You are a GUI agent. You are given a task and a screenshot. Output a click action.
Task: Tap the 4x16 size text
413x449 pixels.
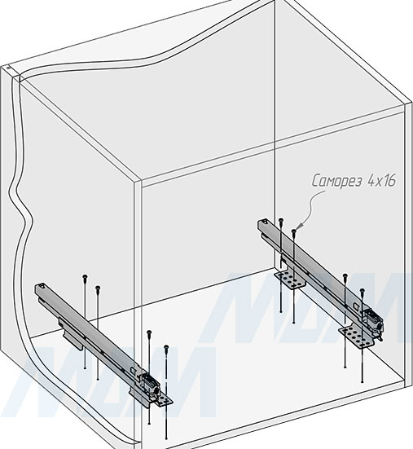381,180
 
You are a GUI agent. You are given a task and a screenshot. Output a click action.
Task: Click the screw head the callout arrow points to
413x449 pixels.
293,231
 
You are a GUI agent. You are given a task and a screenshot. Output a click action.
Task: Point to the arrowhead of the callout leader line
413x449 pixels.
298,227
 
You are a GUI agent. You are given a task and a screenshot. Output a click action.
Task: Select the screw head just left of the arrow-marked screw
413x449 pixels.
281,220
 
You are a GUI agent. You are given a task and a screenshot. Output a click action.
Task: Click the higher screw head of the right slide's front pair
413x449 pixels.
345,275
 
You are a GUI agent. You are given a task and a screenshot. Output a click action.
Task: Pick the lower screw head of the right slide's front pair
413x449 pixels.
362,290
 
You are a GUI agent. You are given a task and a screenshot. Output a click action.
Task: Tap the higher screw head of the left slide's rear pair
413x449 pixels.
85,276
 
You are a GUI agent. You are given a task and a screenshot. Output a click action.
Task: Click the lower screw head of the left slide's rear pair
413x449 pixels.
98,288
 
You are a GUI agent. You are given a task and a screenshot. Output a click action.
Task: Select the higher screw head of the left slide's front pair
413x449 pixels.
149,332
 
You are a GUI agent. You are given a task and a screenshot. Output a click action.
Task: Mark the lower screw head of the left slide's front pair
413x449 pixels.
166,347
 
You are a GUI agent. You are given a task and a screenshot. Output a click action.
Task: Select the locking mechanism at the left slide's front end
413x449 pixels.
149,385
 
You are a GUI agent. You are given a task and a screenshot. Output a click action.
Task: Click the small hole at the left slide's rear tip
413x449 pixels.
42,285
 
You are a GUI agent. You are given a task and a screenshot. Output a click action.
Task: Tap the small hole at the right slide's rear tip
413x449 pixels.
265,222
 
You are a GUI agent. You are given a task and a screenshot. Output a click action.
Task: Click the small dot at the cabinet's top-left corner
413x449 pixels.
8,68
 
